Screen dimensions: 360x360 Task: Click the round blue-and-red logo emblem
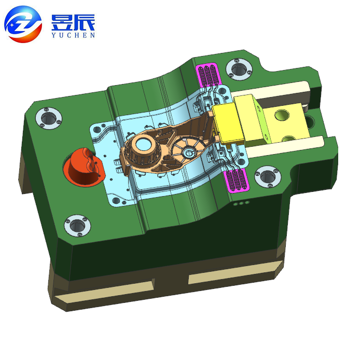[23, 24]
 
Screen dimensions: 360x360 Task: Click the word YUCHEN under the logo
[73, 35]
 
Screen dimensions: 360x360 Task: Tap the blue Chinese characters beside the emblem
[73, 22]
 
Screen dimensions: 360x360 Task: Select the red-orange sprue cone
[83, 167]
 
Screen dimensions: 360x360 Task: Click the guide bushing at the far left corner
[49, 118]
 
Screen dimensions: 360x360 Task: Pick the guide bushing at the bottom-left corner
[77, 226]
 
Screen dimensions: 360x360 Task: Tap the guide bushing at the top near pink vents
[239, 69]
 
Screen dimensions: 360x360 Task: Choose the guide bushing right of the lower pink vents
[268, 177]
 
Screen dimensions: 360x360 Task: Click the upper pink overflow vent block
[208, 75]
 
